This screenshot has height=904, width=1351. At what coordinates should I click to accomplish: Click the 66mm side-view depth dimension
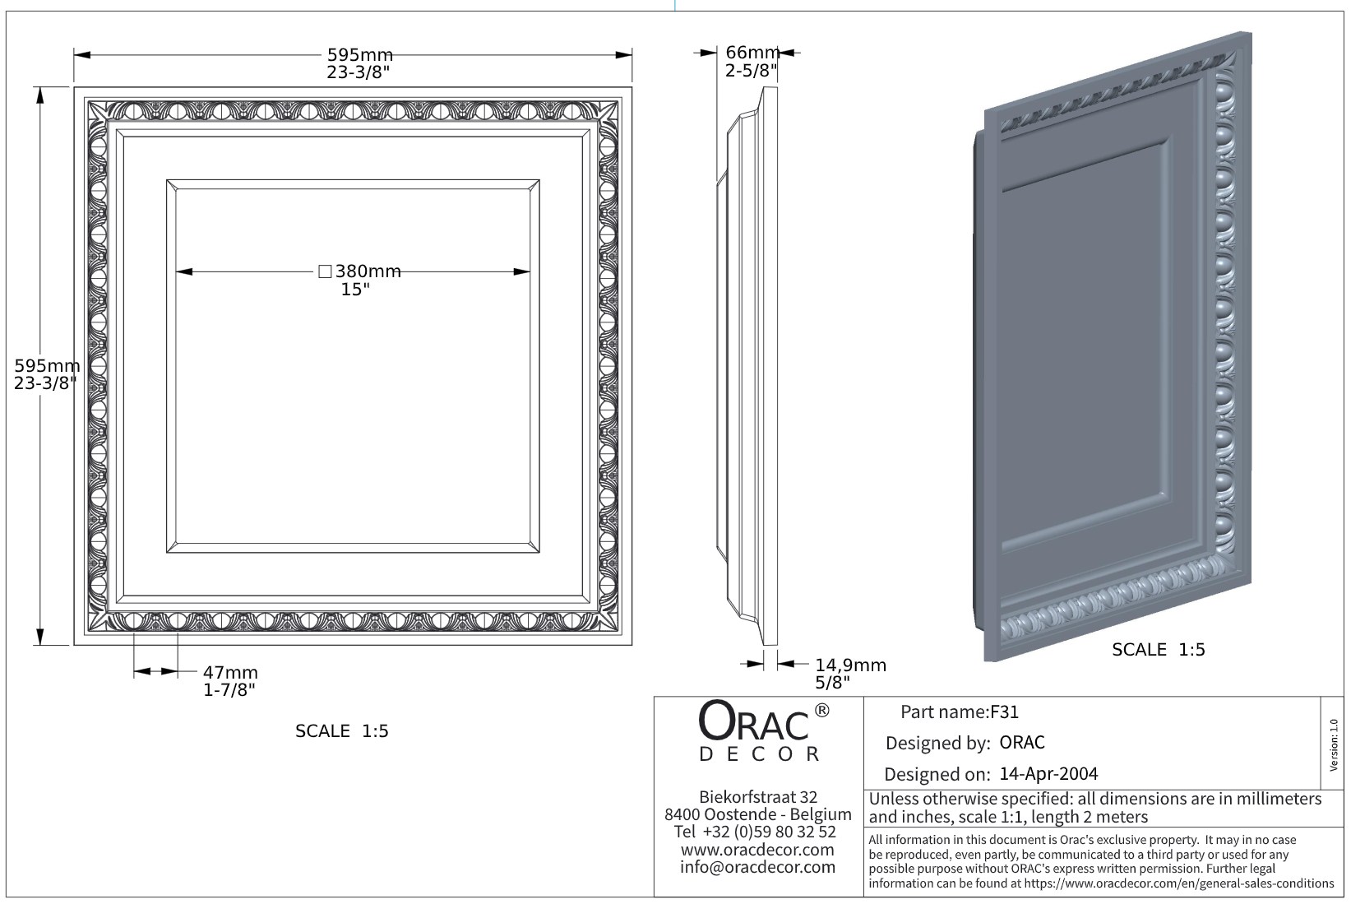pos(752,53)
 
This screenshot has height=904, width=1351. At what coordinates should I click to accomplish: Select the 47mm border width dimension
pos(230,672)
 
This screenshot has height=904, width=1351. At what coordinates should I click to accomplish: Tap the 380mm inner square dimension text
pos(367,271)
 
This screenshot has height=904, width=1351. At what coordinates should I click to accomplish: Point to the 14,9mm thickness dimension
pos(850,665)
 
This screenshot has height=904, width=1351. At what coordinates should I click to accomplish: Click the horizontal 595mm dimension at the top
pos(360,55)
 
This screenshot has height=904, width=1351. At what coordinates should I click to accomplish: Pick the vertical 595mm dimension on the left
pos(47,365)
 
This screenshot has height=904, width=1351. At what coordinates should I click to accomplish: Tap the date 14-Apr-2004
pos(1048,774)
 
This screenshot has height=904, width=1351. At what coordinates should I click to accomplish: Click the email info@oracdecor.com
pos(757,867)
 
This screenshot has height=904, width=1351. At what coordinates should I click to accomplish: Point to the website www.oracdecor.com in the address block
pos(757,850)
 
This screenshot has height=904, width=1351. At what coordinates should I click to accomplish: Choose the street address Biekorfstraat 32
pos(757,797)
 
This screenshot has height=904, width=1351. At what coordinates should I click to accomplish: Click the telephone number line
pos(755,832)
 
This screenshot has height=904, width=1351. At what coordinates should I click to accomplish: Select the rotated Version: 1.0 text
pos(1334,744)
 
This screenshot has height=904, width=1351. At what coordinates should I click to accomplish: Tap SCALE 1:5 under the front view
pos(341,731)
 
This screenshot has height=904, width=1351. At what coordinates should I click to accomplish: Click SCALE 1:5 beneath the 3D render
pos(1158,650)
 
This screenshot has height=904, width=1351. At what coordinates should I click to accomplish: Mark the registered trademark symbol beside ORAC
pos(821,710)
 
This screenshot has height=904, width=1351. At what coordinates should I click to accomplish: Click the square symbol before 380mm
pos(324,271)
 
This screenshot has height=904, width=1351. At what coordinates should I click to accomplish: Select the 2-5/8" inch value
pos(751,71)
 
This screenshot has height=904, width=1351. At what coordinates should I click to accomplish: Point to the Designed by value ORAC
pos(1022,743)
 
